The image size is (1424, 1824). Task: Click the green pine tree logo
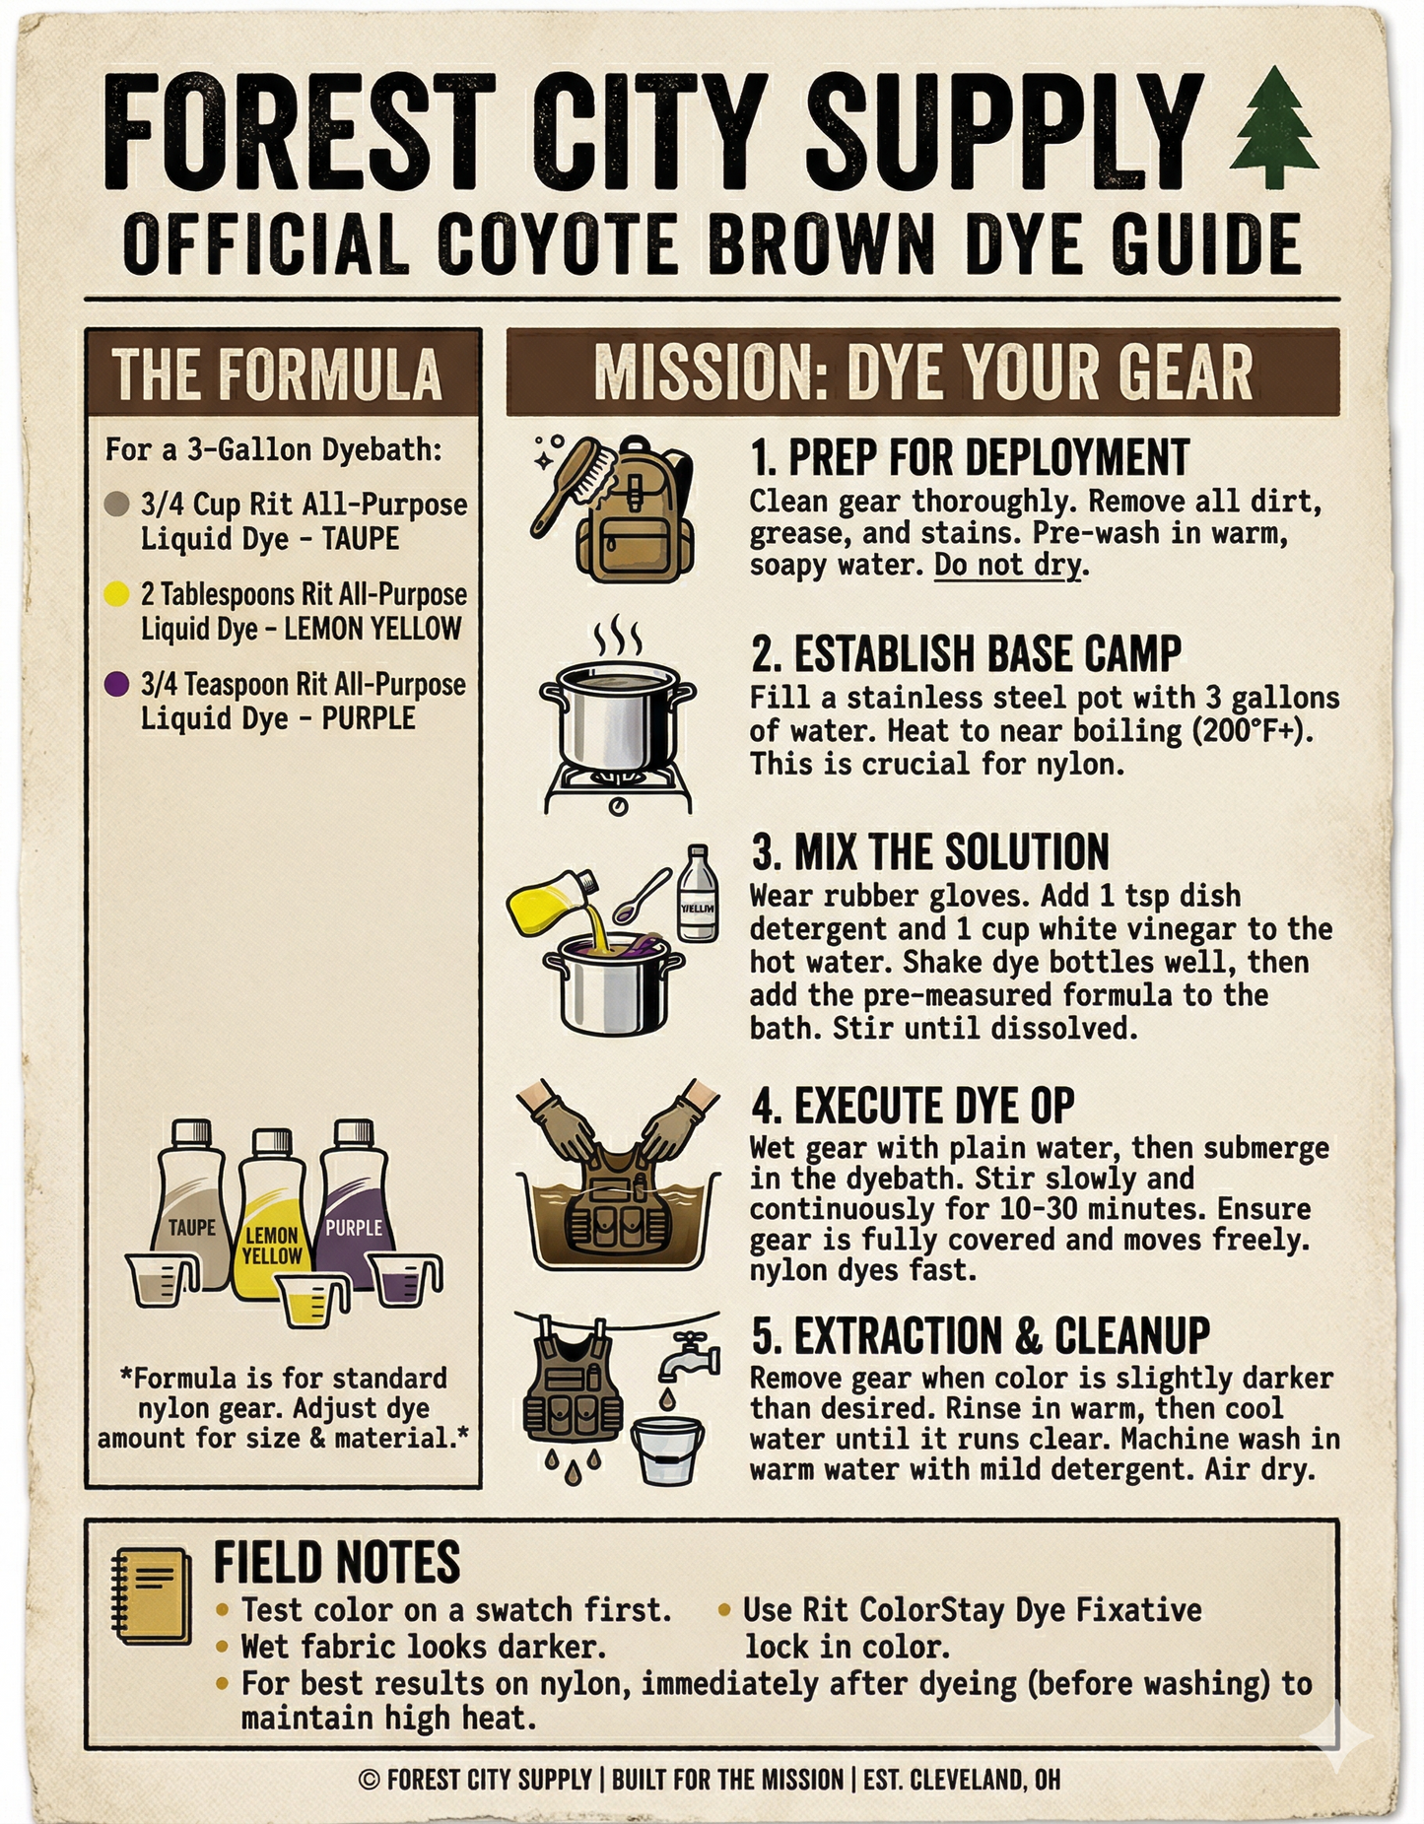(1274, 128)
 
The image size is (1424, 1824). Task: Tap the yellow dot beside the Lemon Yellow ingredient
(116, 593)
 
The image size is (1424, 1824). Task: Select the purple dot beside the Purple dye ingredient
(116, 683)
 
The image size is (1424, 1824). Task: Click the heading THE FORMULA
(277, 375)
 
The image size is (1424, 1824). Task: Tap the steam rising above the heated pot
(617, 638)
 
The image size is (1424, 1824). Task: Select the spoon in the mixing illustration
(641, 896)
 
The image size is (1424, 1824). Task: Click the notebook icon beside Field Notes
(152, 1595)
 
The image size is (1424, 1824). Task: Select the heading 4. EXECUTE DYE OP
(913, 1106)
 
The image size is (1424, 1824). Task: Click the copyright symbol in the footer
(370, 1780)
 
